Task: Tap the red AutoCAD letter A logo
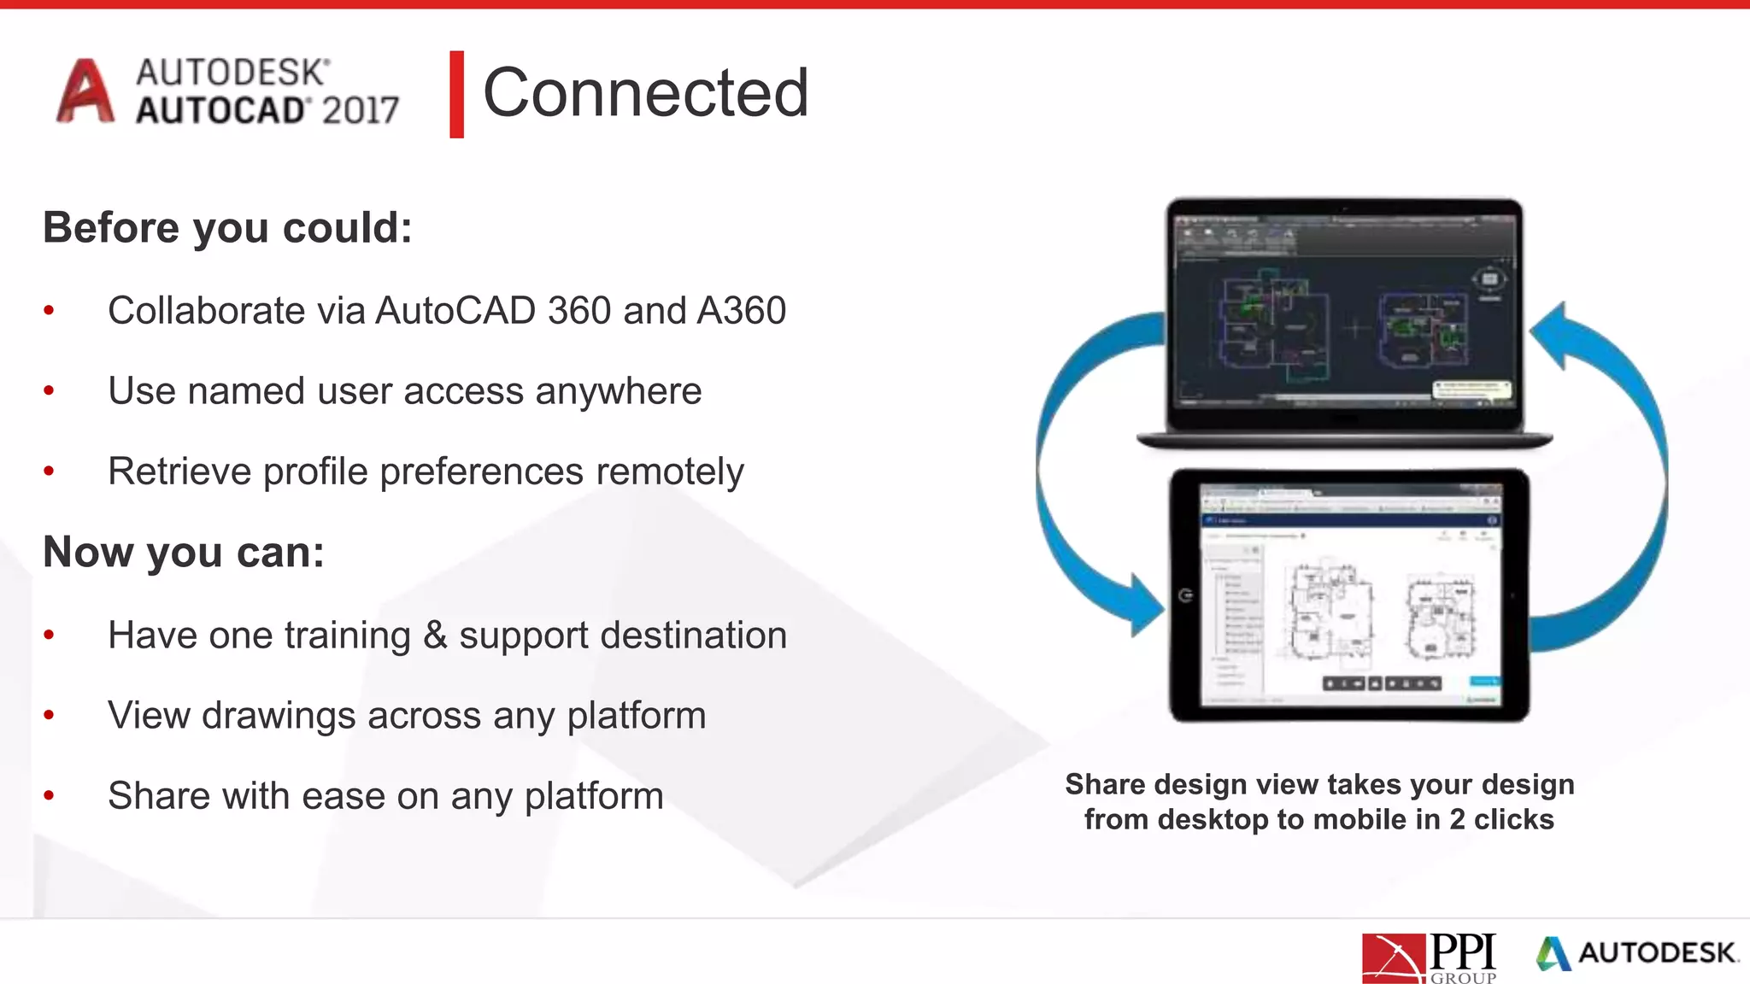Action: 85,91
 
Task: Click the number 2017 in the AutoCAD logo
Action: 361,110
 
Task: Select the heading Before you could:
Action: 227,228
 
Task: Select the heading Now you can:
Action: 184,552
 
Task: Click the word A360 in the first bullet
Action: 741,311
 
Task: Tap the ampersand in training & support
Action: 435,635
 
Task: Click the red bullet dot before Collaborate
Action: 50,311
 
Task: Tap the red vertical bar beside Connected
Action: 456,94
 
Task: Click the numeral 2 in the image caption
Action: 1457,820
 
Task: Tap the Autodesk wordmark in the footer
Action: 1656,953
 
